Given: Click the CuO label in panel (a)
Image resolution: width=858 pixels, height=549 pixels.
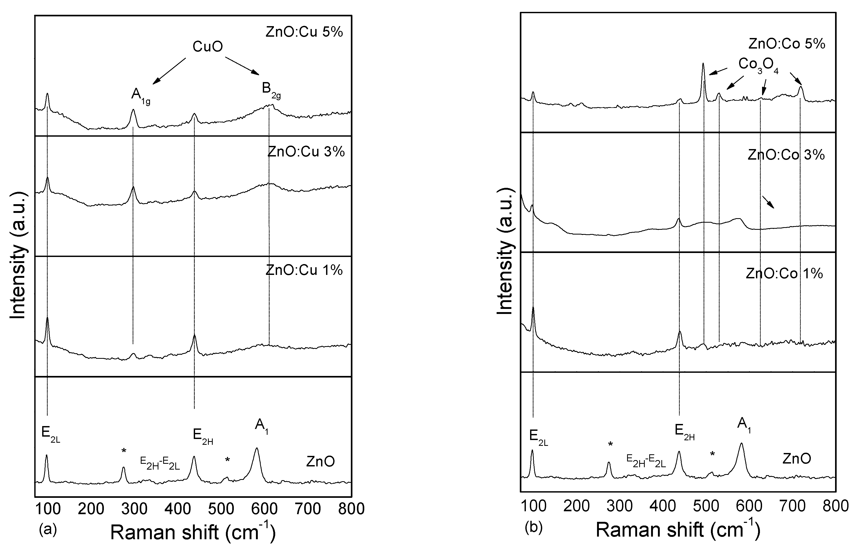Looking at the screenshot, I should coord(207,47).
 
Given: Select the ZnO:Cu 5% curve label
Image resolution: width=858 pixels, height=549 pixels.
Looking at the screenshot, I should coord(304,32).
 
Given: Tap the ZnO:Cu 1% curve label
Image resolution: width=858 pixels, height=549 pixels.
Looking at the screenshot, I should coord(304,270).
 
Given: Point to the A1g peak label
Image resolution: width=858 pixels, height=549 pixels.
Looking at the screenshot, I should coord(140,95).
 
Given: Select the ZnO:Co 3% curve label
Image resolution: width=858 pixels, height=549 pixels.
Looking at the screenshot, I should coord(786,155).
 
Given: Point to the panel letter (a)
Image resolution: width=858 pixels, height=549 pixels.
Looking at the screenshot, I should coord(48,529).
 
